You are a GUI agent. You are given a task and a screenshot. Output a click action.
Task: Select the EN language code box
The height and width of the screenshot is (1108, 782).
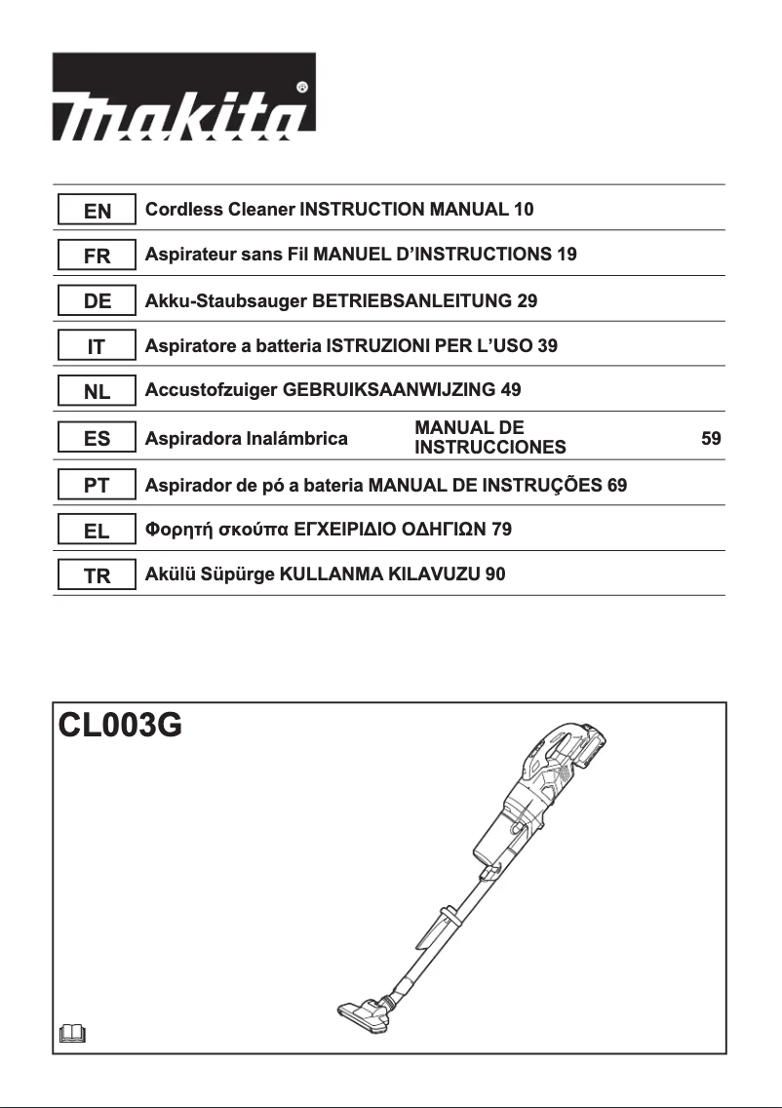[x=97, y=210]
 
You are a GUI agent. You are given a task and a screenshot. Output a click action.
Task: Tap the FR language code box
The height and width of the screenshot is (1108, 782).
[x=97, y=256]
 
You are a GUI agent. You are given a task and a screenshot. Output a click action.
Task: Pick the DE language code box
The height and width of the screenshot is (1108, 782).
[x=97, y=301]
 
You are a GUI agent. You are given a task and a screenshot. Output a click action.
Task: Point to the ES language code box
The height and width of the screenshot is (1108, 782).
[x=97, y=439]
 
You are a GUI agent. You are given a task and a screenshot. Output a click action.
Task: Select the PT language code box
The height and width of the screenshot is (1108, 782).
[x=97, y=485]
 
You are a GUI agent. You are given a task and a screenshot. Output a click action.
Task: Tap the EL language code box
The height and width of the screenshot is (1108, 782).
[x=97, y=531]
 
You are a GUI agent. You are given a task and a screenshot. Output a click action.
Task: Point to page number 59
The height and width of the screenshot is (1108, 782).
[x=712, y=439]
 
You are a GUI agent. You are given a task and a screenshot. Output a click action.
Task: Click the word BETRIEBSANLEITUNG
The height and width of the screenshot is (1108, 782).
[x=411, y=301]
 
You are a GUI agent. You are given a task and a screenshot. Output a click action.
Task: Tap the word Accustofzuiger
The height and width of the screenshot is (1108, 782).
[x=211, y=390]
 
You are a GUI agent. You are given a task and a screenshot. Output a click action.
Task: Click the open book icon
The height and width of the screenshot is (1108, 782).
[x=72, y=1032]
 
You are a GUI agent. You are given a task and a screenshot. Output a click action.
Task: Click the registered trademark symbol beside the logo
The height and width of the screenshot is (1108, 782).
[x=303, y=86]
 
